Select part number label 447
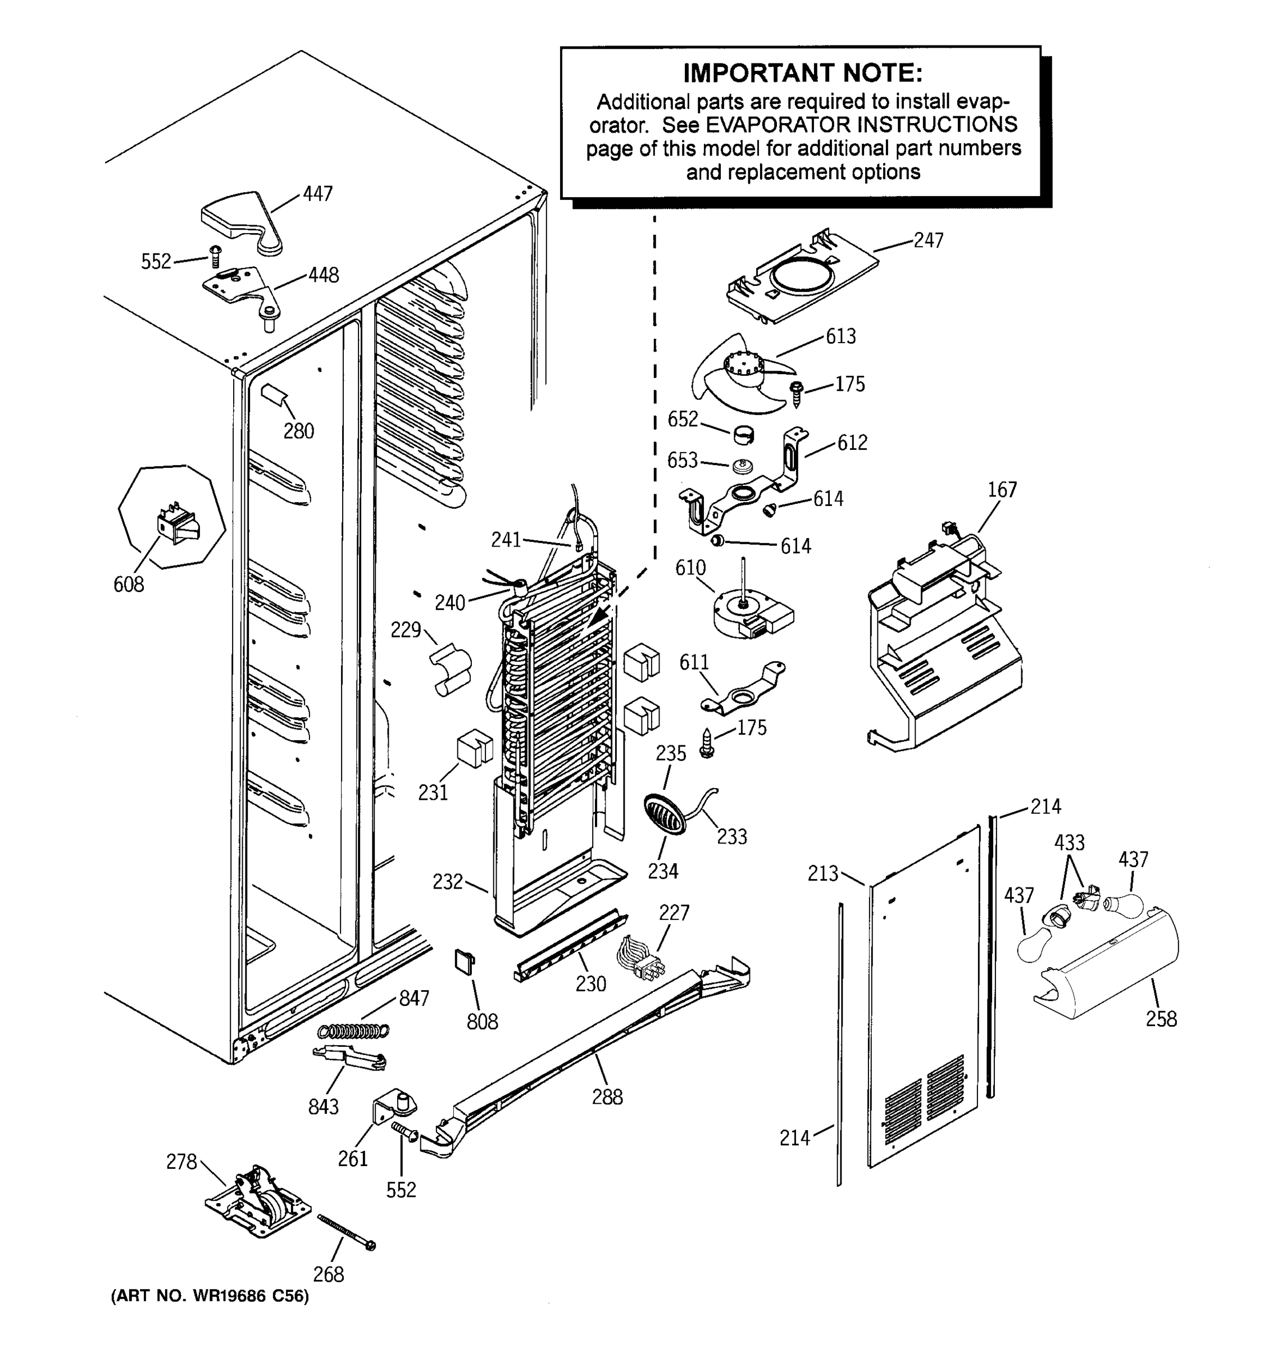point(317,194)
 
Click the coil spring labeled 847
point(354,1031)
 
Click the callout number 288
point(607,1096)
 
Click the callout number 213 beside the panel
point(822,873)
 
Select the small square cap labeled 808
point(465,961)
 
